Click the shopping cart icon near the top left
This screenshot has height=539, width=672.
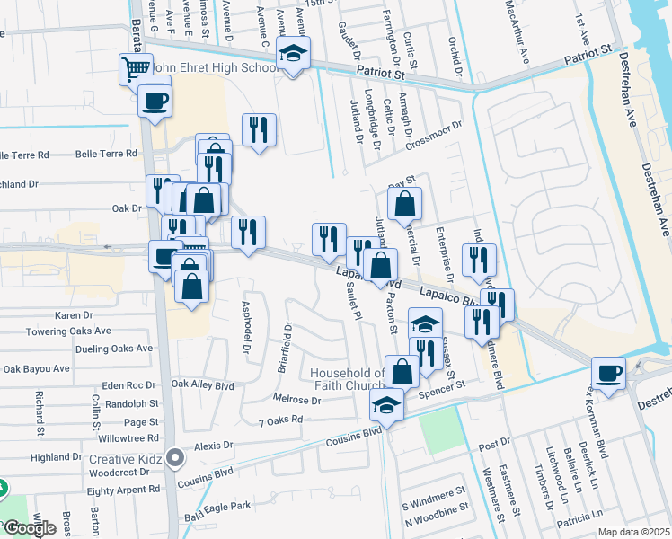136,68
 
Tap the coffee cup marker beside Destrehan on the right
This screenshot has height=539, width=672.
608,372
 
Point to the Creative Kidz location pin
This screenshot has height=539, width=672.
175,458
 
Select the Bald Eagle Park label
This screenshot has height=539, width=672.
217,508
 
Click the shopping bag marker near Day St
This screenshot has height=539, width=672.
405,203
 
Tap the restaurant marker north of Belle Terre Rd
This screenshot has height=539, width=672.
259,129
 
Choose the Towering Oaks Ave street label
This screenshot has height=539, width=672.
82,331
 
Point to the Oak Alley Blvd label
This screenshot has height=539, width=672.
203,385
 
